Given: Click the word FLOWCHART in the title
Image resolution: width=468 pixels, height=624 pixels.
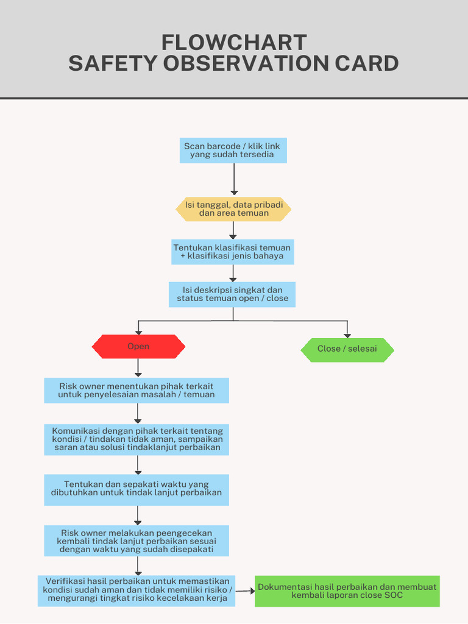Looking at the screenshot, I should [234, 43].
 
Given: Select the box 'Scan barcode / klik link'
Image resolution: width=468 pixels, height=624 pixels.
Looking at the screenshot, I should [233, 151].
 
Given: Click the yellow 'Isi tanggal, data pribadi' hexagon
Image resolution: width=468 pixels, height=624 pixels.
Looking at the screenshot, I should [233, 209].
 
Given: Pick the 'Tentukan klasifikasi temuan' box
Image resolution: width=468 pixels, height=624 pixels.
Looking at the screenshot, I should [232, 252].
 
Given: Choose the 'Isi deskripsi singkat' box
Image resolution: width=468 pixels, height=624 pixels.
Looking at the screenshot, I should [232, 294].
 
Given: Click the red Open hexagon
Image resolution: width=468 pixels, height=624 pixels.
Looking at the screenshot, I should [138, 347].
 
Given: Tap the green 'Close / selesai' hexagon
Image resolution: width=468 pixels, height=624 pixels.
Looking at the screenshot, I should [347, 350].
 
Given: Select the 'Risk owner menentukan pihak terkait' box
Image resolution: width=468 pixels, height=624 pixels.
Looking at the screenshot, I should [136, 391].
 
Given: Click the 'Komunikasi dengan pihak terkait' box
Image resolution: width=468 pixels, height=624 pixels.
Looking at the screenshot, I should [136, 439].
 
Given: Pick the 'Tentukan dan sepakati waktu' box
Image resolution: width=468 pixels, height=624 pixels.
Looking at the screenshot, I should [136, 489].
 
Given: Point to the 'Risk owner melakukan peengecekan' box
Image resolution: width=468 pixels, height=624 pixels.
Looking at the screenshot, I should [136, 541].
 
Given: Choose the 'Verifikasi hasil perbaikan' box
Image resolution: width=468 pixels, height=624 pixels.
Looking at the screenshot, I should [136, 590].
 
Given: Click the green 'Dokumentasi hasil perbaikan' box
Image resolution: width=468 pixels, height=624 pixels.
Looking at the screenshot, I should [347, 591].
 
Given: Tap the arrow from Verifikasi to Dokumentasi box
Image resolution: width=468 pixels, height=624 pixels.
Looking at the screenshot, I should [245, 590].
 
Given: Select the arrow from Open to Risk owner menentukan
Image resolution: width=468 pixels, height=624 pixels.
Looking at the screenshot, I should [138, 368].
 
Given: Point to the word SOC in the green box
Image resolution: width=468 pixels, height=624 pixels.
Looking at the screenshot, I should [393, 595].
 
